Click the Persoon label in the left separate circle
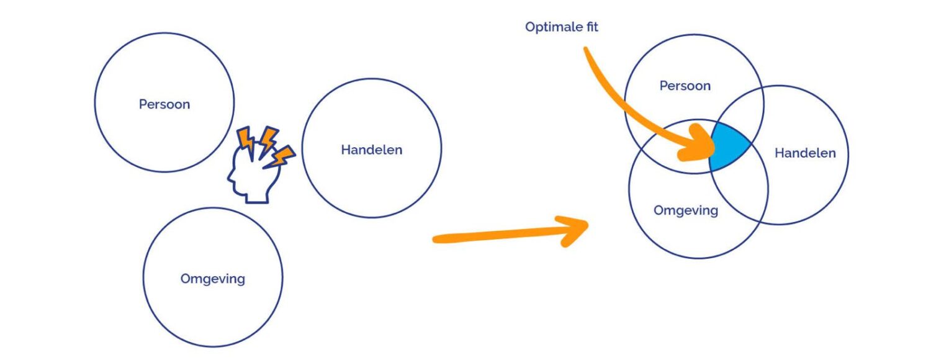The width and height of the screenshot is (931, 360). [164, 104]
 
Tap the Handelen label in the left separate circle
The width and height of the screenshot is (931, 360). [372, 150]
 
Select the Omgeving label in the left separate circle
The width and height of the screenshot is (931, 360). [212, 279]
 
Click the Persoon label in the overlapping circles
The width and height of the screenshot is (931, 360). [685, 86]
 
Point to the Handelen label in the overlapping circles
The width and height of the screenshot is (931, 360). [805, 153]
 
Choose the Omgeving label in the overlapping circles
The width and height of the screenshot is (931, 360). [686, 211]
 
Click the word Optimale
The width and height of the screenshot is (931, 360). [552, 27]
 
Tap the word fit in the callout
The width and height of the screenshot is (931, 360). [592, 27]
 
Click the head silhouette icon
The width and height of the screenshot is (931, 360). [252, 174]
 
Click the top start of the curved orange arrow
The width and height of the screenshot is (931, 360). [586, 50]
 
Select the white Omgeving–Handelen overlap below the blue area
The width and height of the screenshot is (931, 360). [740, 191]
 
